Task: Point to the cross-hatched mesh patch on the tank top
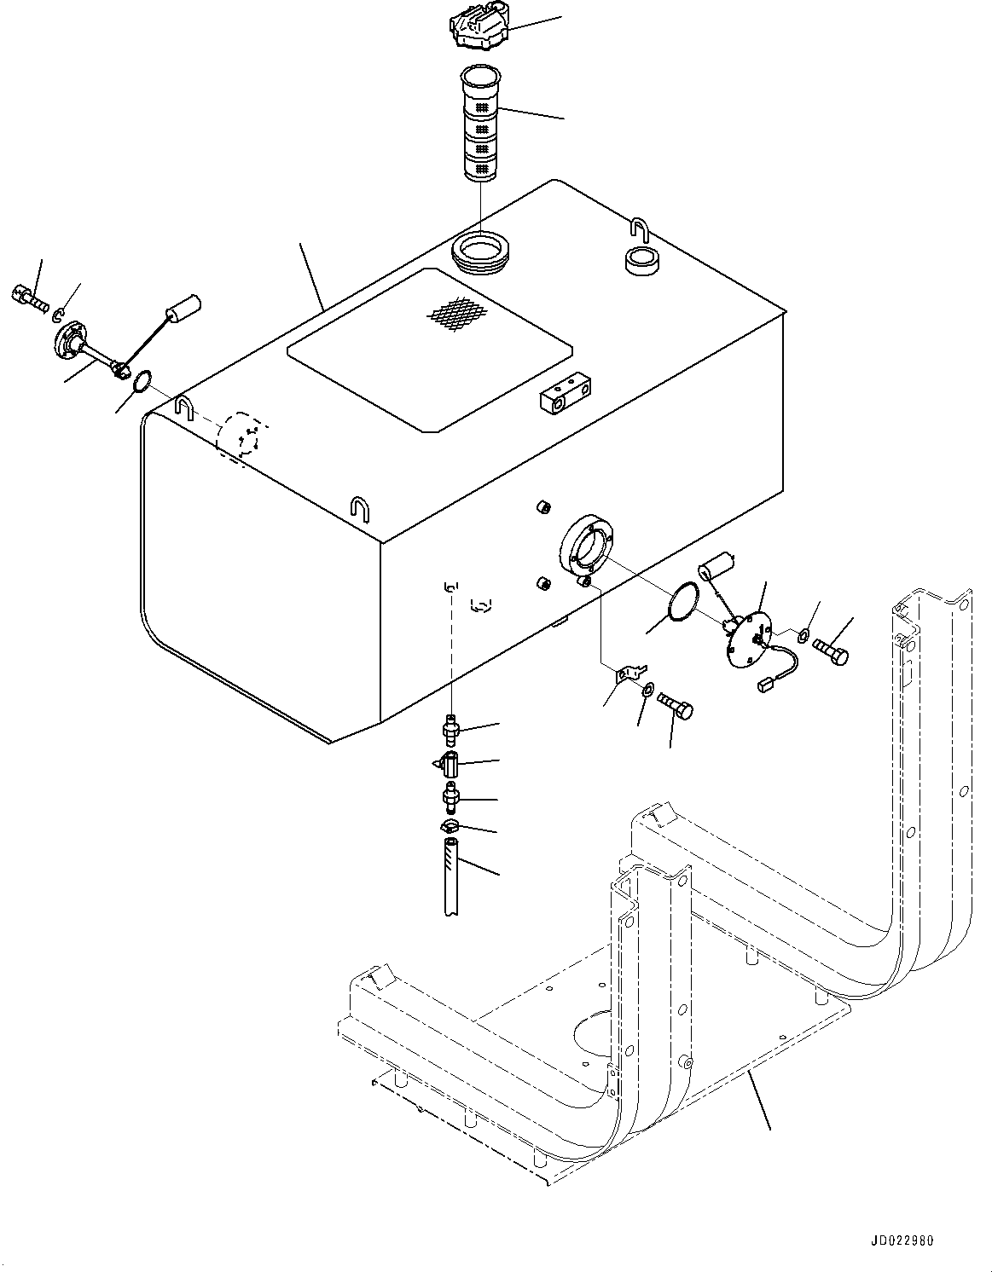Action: click(460, 314)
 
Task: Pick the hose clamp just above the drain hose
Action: click(450, 827)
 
